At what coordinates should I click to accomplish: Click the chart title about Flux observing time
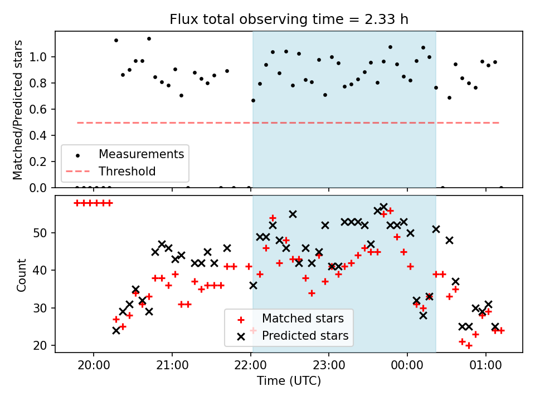[x=289, y=19]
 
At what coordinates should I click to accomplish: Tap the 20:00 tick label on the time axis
[x=94, y=365]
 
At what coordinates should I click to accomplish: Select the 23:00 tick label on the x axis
[x=329, y=365]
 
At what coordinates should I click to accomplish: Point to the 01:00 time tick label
[x=485, y=365]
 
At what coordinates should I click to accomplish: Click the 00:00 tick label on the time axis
[x=407, y=365]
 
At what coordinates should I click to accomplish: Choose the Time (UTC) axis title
[x=289, y=381]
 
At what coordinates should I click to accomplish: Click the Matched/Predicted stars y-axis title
[x=17, y=110]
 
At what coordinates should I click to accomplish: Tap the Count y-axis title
[x=21, y=275]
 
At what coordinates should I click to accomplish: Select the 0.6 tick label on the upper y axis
[x=38, y=109]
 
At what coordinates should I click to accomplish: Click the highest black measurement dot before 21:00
[x=149, y=38]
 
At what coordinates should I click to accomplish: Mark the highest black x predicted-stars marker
[x=383, y=207]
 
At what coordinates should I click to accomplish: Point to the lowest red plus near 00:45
[x=469, y=346]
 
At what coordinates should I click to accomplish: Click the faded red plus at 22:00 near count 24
[x=253, y=330]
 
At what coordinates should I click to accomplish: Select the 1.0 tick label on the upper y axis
[x=38, y=57]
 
